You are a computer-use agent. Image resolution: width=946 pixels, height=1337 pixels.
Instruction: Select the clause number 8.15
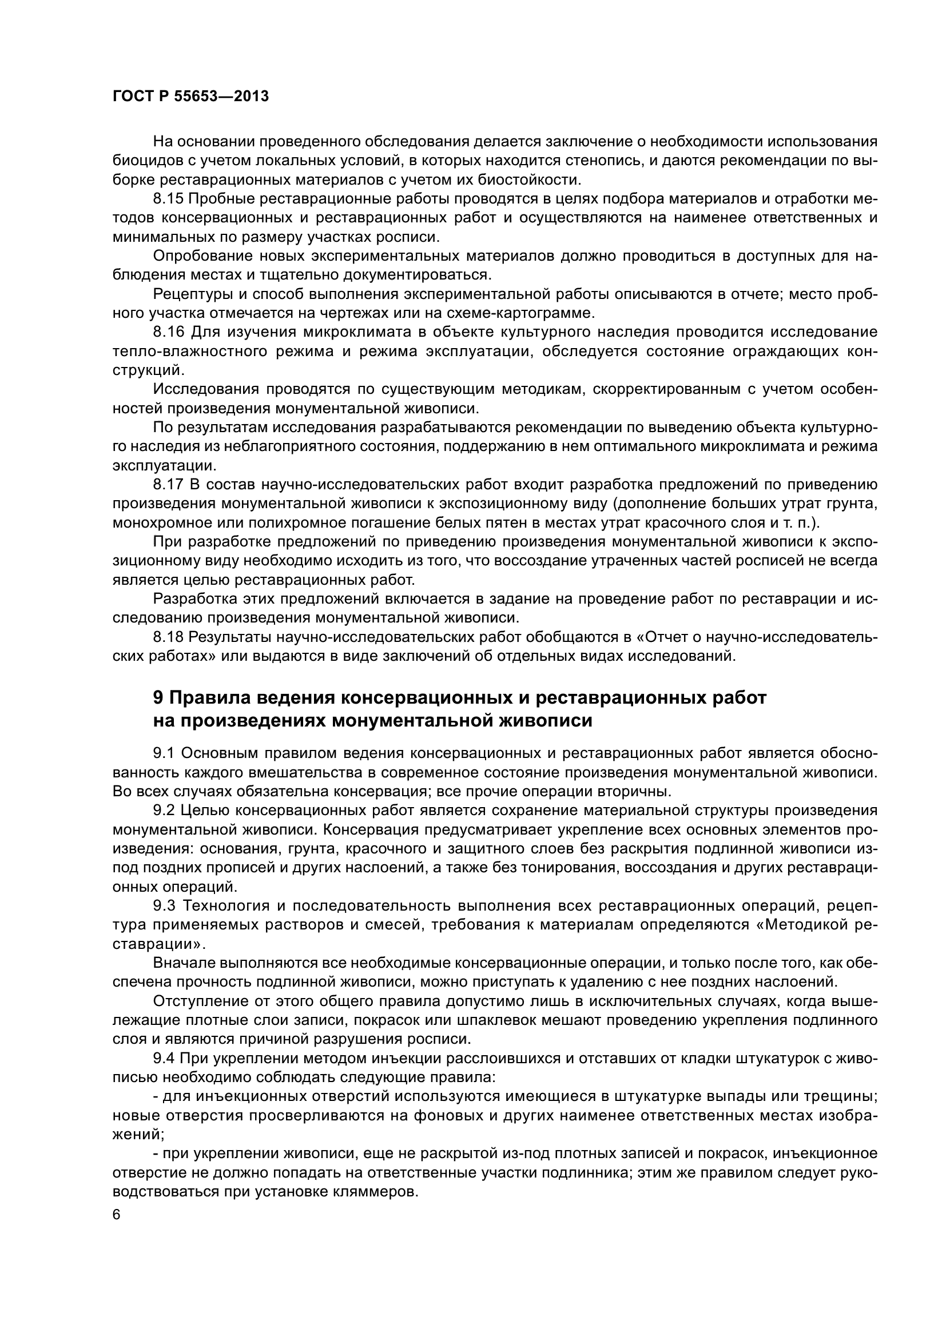pos(168,198)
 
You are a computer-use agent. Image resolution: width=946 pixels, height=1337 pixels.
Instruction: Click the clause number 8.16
pos(168,332)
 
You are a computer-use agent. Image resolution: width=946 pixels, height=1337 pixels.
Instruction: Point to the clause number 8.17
pos(168,485)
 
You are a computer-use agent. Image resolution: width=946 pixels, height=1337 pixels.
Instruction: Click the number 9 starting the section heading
pos(158,697)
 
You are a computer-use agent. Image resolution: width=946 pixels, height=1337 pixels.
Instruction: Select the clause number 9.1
pos(164,753)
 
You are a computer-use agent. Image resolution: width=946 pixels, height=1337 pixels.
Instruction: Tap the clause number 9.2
pos(164,810)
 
